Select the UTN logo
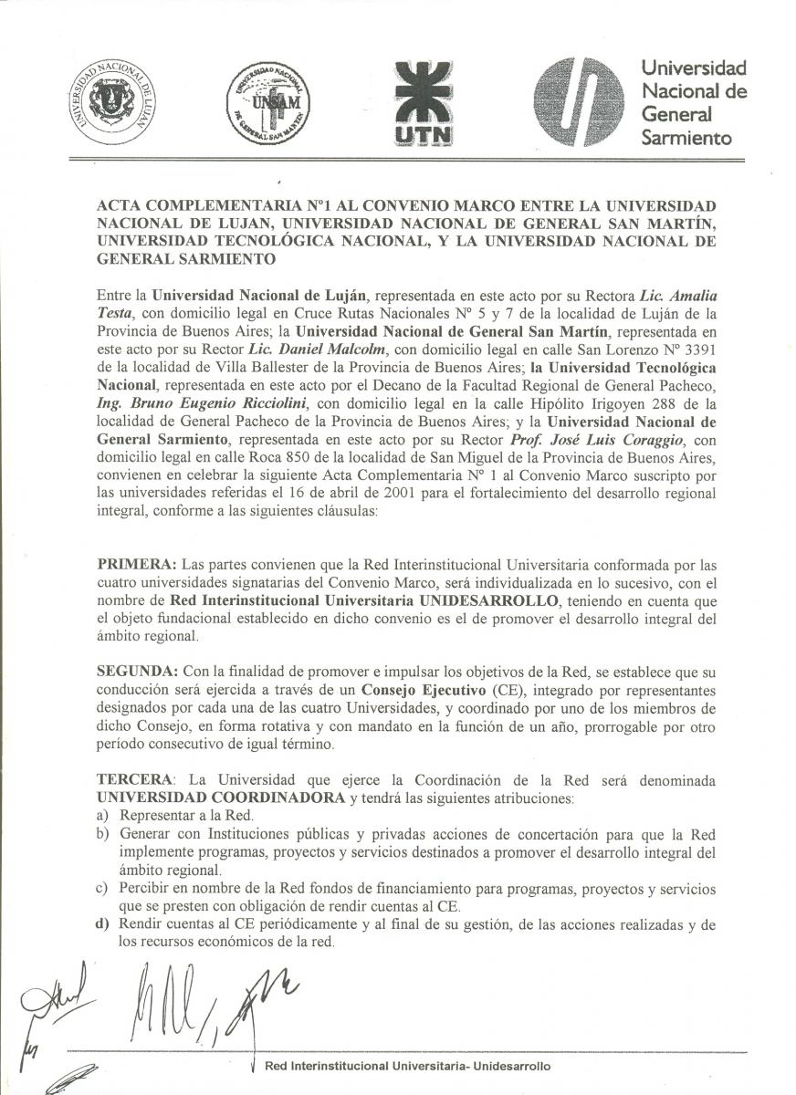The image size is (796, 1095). pyautogui.click(x=422, y=103)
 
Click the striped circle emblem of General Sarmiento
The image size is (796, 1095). pyautogui.click(x=579, y=102)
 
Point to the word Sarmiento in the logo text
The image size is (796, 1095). pyautogui.click(x=686, y=139)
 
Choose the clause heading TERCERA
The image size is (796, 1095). pyautogui.click(x=135, y=781)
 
